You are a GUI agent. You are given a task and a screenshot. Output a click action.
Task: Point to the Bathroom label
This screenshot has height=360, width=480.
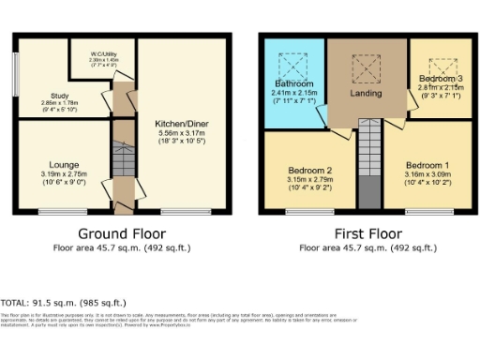[x=294, y=83]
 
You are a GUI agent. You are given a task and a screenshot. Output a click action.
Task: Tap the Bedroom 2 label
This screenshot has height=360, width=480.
[x=310, y=171]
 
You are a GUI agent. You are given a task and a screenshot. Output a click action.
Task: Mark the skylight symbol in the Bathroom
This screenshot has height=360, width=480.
[x=293, y=66]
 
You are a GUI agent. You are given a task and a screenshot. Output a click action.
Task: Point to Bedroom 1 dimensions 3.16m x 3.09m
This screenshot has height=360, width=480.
[x=434, y=173]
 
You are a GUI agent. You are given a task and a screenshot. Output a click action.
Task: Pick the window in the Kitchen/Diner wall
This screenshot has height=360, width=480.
[x=182, y=214]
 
